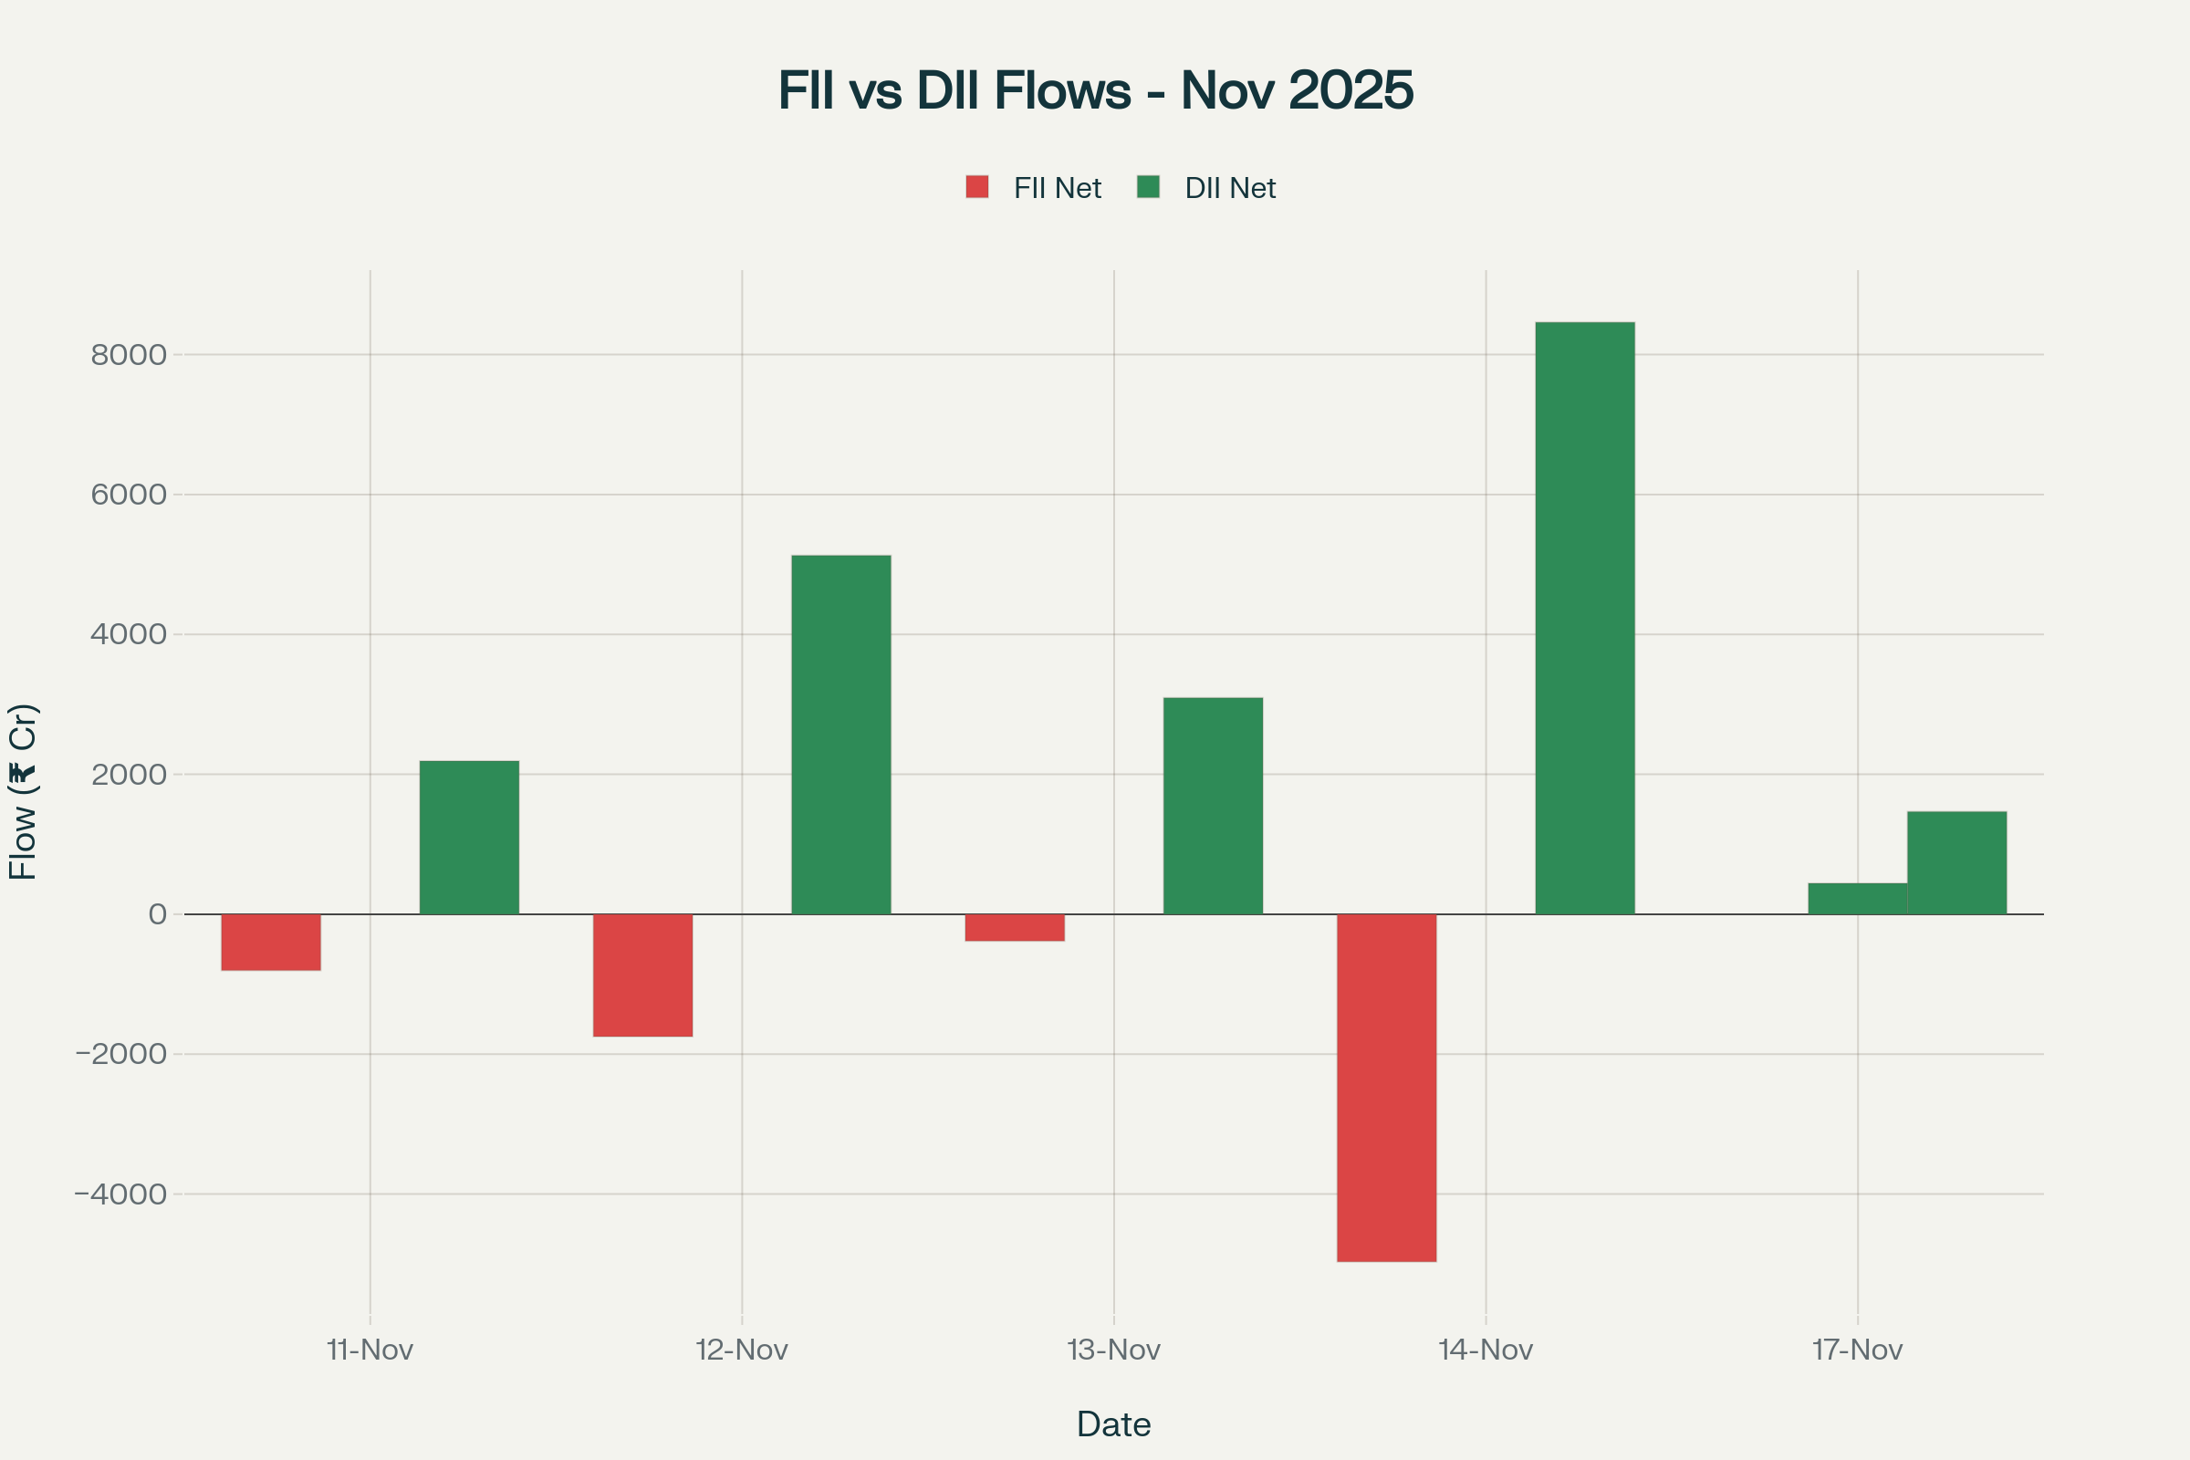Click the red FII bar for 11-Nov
[271, 943]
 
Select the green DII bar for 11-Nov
[469, 837]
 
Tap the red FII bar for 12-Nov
[642, 975]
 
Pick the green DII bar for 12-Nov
[840, 735]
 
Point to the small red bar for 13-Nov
[1015, 927]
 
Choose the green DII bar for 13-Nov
[1214, 806]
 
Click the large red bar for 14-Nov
[1386, 1088]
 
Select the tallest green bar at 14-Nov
[1585, 619]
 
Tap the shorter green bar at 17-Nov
[1858, 899]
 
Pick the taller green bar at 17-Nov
[1957, 863]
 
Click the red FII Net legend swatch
[976, 187]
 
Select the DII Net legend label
[1230, 189]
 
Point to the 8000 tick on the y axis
[129, 355]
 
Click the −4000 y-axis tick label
[121, 1194]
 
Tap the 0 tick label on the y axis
[157, 914]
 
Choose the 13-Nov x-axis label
[1113, 1350]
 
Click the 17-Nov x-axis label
[1858, 1350]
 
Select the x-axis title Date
[1113, 1424]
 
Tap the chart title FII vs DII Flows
[1096, 90]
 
